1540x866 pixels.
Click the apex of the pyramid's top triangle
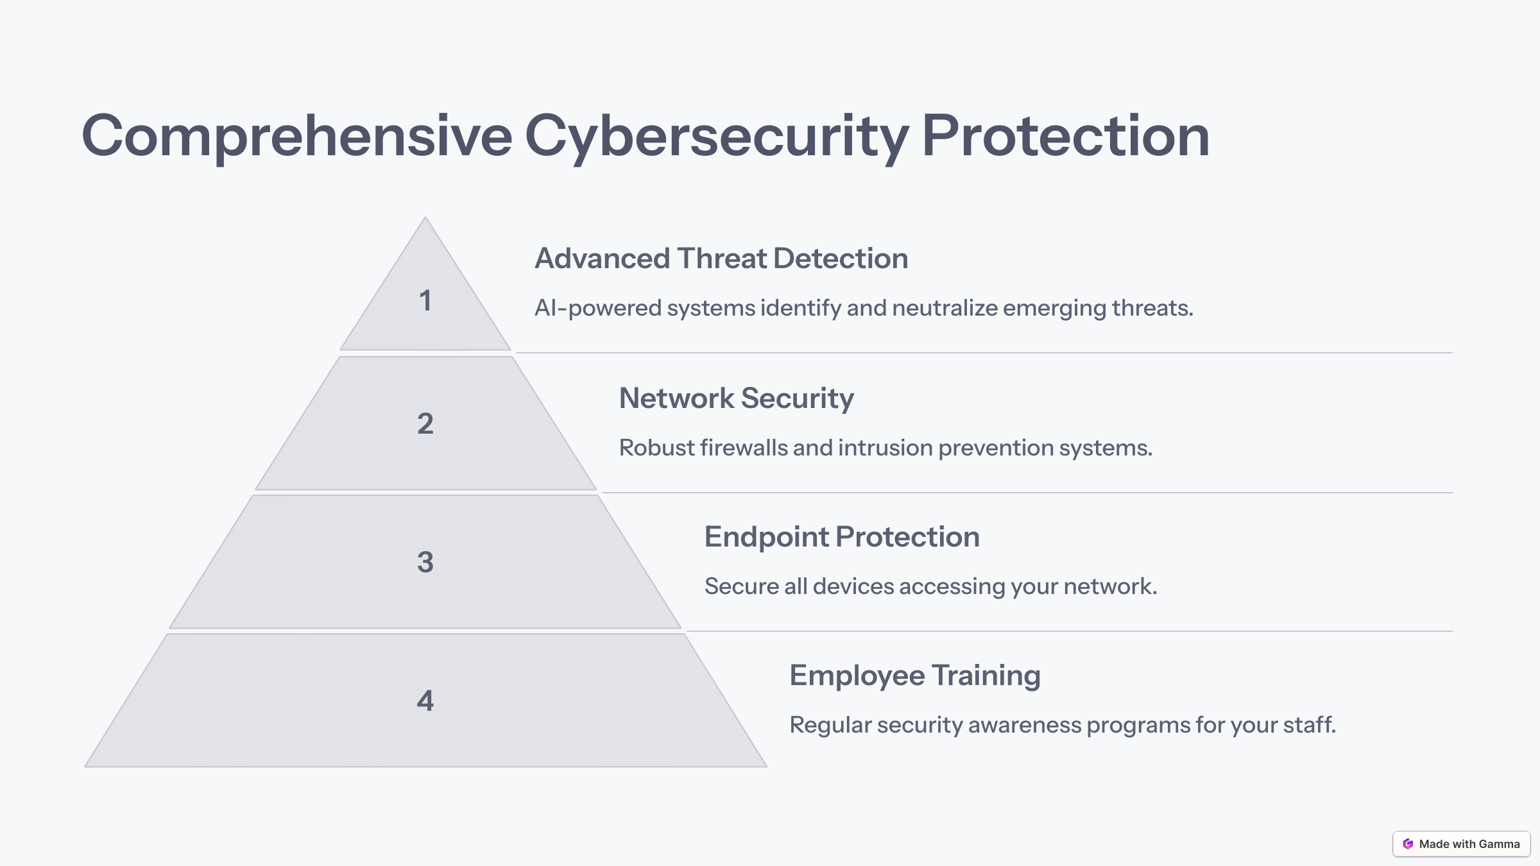click(425, 217)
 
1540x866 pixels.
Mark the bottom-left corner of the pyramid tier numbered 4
click(84, 767)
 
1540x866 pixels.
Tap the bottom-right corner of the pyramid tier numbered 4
click(767, 767)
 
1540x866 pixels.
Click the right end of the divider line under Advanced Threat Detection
click(1453, 353)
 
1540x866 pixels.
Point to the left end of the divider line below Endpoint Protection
click(687, 631)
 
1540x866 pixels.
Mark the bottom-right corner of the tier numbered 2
click(597, 489)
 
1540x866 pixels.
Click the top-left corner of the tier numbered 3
click(253, 495)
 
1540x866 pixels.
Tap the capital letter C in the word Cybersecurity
click(549, 136)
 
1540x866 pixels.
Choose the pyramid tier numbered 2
click(425, 423)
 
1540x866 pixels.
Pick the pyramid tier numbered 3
click(425, 562)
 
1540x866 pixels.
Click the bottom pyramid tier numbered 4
click(425, 700)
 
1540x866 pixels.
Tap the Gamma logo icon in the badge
click(1408, 844)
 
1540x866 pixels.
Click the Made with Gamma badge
click(1462, 844)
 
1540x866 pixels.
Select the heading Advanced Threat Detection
click(721, 259)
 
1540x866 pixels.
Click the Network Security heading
click(737, 399)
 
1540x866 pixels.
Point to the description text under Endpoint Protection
click(931, 586)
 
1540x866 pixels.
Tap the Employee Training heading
click(915, 676)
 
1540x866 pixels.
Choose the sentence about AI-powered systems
click(864, 309)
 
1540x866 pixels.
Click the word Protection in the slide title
click(1066, 136)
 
